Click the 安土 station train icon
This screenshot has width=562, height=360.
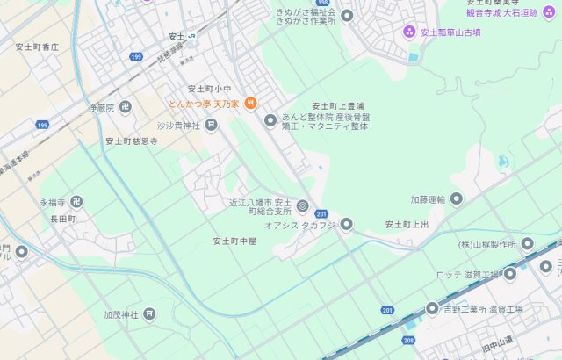192,36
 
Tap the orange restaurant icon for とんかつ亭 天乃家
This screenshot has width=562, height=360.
250,104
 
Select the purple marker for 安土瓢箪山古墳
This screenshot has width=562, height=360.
409,32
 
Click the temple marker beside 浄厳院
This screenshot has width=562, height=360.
126,107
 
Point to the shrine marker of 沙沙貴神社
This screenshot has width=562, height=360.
211,126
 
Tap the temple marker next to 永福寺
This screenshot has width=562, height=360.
77,202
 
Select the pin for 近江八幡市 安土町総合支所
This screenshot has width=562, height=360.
302,206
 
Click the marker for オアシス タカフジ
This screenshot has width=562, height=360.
346,225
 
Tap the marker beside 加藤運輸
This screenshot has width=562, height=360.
456,199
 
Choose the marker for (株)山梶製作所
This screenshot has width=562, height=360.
527,244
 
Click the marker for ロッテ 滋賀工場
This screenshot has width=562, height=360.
509,275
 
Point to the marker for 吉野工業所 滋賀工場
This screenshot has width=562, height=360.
432,309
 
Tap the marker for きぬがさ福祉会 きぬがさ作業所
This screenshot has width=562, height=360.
347,16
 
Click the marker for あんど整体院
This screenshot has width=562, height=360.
270,120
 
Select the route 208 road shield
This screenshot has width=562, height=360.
407,339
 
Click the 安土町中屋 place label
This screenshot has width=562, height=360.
234,241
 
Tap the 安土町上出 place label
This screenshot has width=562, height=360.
407,225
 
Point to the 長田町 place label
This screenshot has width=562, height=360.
63,218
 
